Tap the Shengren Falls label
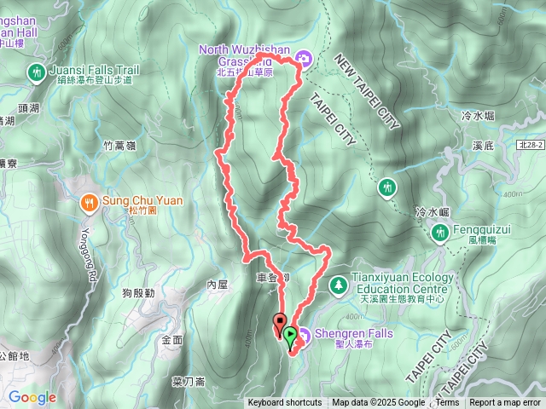click(x=354, y=334)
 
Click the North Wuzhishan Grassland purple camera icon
click(x=305, y=58)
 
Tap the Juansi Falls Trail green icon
click(x=36, y=72)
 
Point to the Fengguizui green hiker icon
click(x=441, y=231)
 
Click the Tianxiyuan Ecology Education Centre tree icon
click(x=339, y=282)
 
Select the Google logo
click(x=32, y=397)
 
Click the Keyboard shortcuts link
click(x=285, y=403)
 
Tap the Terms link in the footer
click(x=447, y=403)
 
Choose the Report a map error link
click(x=506, y=403)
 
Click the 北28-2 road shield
click(x=529, y=146)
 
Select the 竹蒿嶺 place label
click(x=119, y=146)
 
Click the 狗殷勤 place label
click(x=137, y=293)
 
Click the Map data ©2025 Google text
click(x=378, y=403)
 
